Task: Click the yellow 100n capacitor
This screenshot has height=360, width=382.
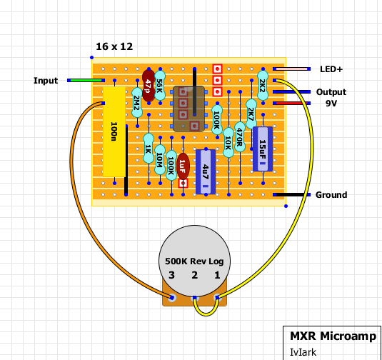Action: point(114,132)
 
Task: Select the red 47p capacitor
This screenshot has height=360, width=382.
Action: point(148,84)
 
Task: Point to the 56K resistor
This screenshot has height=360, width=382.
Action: point(159,86)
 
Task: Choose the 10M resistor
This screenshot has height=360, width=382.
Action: point(159,161)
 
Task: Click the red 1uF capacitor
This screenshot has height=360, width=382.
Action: point(183,168)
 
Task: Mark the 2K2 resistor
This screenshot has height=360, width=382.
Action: point(262,86)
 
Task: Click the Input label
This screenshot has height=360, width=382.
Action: point(46,81)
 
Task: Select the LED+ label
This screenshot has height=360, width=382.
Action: point(331,69)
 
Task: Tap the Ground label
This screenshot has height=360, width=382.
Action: point(331,195)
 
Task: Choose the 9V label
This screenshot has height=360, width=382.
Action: point(331,104)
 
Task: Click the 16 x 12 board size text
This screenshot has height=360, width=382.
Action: point(115,46)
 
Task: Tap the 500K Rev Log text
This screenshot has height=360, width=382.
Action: point(193,261)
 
